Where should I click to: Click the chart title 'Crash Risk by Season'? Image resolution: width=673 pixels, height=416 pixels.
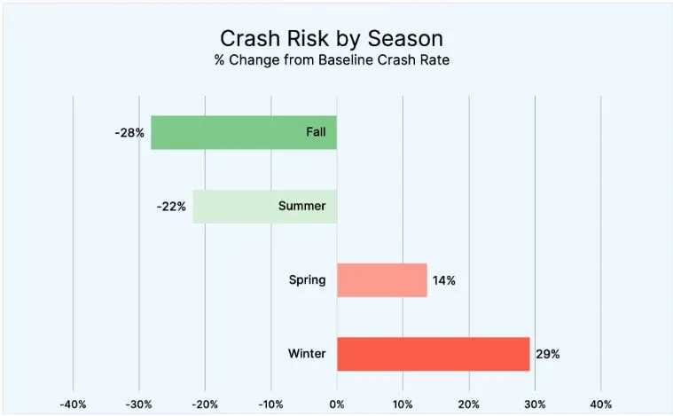coord(332,39)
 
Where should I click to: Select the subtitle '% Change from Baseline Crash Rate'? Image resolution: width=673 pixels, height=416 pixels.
coord(332,61)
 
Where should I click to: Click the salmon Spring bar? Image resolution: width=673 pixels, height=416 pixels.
coord(381,280)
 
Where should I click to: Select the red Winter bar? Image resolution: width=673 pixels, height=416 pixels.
coord(433,354)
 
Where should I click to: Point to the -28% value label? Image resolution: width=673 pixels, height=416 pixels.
coord(129,133)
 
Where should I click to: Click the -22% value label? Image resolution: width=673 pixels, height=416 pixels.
coord(171,207)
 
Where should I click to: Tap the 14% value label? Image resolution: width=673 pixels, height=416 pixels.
coord(443,280)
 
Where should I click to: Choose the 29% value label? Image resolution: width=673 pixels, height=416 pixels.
coord(547,354)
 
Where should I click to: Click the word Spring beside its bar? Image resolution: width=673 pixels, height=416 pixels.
coord(307,280)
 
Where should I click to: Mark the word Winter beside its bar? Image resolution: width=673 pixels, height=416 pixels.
coord(307,354)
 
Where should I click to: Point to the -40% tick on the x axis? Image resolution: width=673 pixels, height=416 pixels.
coord(72,404)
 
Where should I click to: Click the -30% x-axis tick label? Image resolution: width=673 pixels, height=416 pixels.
coord(138,404)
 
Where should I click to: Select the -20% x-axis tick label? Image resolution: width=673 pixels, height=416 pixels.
coord(205,404)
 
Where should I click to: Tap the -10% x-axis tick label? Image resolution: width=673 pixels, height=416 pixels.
coord(270,404)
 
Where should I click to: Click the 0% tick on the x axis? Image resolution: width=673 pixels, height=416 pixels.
coord(337,404)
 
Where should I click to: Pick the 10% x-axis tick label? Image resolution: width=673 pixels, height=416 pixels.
coord(403,404)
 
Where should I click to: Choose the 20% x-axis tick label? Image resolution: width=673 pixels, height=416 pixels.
coord(469,404)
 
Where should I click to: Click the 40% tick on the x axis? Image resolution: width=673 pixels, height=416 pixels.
coord(601,404)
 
